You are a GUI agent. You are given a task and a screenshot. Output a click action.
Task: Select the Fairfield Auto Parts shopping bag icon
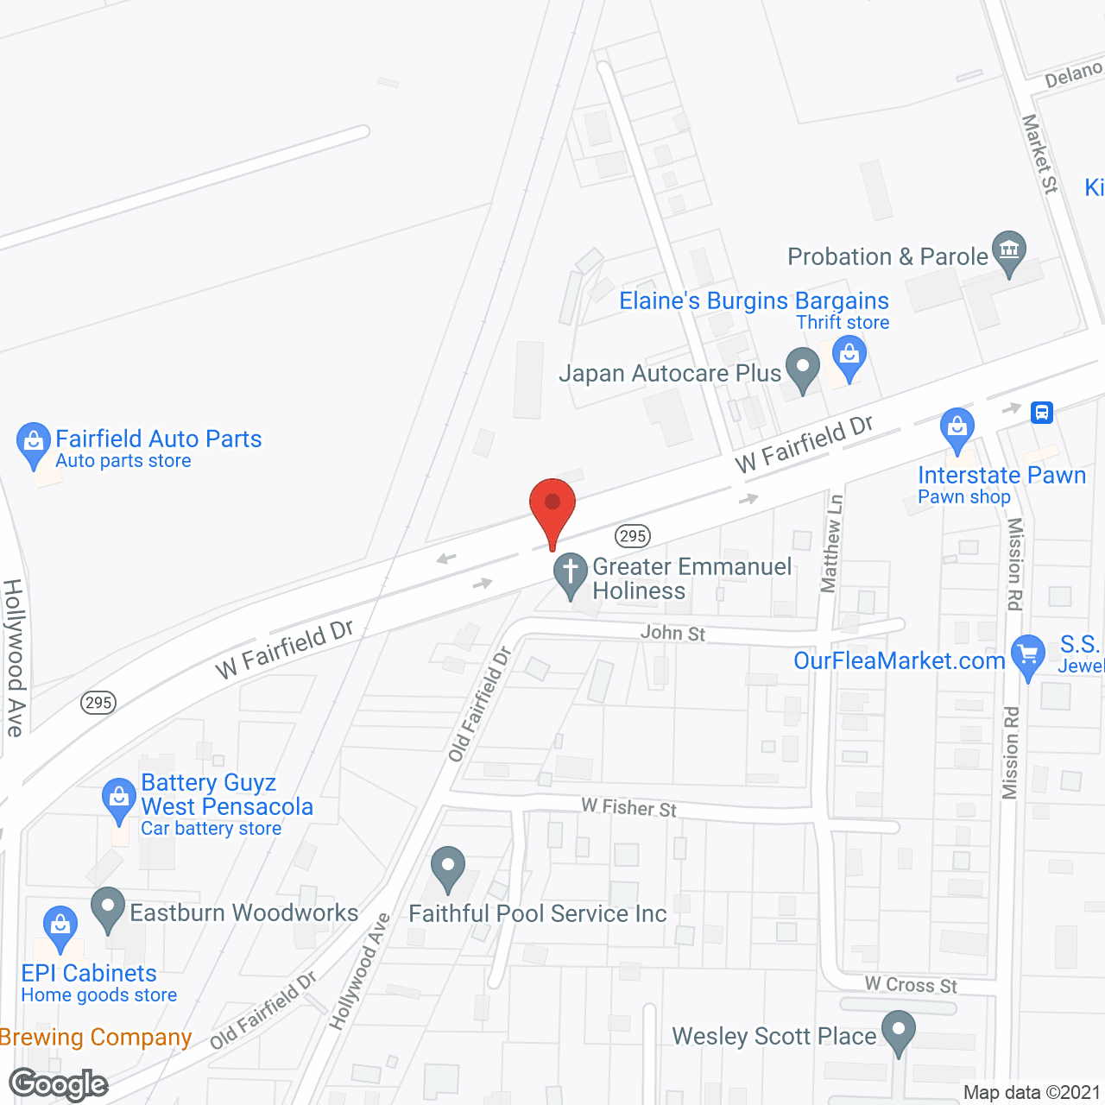(x=34, y=443)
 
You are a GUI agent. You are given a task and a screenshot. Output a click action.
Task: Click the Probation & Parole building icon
(x=1008, y=251)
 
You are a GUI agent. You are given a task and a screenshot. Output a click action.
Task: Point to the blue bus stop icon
(x=1042, y=412)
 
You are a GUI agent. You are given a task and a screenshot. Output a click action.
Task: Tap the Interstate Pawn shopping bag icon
(x=957, y=428)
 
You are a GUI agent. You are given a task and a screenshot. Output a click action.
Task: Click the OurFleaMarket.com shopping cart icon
(x=1027, y=654)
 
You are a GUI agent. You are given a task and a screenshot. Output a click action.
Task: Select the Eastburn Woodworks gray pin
(x=108, y=907)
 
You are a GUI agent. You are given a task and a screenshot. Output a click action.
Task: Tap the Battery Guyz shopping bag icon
(x=118, y=799)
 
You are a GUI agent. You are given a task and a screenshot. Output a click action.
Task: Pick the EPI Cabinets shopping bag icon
(x=60, y=926)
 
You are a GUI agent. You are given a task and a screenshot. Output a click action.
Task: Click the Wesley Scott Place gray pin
(x=899, y=1032)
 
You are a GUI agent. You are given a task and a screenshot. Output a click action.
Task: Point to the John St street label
(x=672, y=633)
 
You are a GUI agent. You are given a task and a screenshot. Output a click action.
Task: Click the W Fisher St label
(x=628, y=808)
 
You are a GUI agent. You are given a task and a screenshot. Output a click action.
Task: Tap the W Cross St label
(x=911, y=985)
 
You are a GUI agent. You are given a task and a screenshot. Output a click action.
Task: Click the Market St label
(x=1039, y=153)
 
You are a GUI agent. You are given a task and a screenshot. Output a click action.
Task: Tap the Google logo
(x=58, y=1084)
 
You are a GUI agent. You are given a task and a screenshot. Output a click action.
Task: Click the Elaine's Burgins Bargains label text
(x=754, y=300)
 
